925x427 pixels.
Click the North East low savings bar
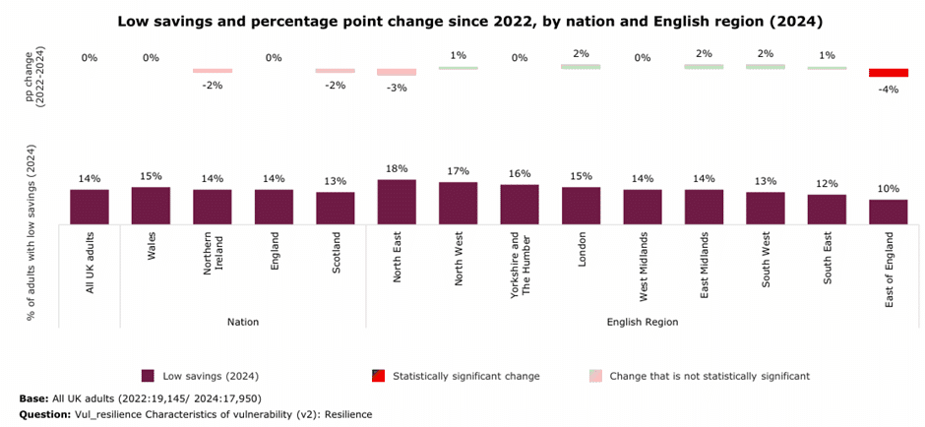click(397, 202)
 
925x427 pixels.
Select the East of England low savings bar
click(888, 212)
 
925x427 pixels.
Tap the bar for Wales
click(151, 206)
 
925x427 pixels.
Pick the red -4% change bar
click(888, 73)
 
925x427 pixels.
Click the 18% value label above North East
click(397, 168)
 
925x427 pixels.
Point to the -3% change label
click(397, 88)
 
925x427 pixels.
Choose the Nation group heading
click(243, 322)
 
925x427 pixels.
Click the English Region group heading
click(643, 322)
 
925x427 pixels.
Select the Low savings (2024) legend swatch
click(148, 376)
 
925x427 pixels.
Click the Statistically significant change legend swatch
click(378, 376)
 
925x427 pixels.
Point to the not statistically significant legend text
click(709, 376)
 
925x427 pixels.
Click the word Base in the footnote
click(32, 398)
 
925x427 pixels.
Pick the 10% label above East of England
click(888, 189)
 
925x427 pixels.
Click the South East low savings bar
click(827, 210)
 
